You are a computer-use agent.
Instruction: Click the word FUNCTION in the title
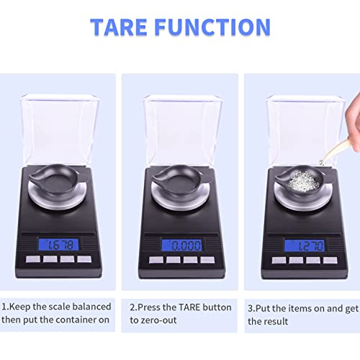click(219, 27)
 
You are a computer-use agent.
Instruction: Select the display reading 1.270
click(303, 245)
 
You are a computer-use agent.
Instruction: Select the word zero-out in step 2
click(164, 320)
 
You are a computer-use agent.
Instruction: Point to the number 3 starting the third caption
click(250, 307)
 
